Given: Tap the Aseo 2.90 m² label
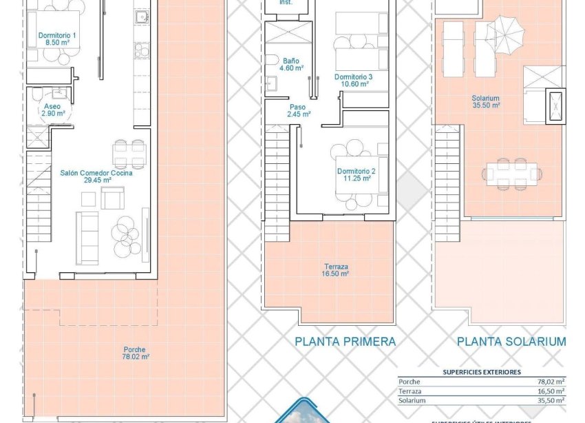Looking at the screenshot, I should click(x=52, y=111).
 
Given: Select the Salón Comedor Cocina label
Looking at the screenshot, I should click(x=96, y=177).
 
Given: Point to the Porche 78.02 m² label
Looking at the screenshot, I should click(x=136, y=353).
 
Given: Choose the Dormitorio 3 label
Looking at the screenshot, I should click(x=353, y=80).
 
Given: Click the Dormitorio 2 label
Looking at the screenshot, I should click(x=355, y=174).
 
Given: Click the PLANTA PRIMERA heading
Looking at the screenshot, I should click(x=345, y=341).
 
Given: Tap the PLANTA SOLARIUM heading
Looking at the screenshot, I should click(x=511, y=341).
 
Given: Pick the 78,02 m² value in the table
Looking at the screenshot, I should click(x=550, y=381).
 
